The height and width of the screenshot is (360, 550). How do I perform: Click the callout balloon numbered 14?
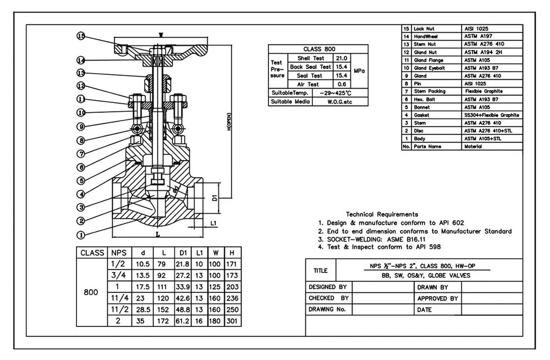(x=81, y=60)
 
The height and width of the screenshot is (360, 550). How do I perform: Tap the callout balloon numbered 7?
(x=81, y=154)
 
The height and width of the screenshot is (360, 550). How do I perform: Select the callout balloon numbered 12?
(x=81, y=86)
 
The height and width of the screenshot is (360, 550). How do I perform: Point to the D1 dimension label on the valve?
(x=216, y=197)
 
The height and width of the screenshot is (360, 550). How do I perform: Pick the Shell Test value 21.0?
(x=342, y=58)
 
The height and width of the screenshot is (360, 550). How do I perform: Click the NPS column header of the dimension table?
(x=119, y=253)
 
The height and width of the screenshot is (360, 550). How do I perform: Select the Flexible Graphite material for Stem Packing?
(x=483, y=91)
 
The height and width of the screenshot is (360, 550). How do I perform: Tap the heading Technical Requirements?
(x=382, y=214)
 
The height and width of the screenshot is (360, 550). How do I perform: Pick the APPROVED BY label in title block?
(x=438, y=298)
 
